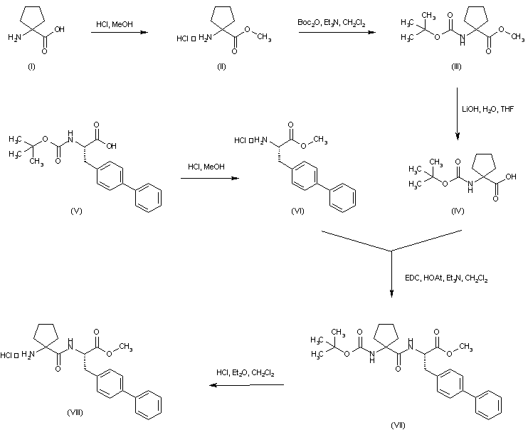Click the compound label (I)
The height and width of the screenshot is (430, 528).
31,66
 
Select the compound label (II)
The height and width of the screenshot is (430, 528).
221,66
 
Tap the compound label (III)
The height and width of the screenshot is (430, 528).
456,66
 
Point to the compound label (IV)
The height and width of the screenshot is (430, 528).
458,211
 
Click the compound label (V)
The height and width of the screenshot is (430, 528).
76,211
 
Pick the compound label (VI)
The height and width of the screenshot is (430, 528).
297,211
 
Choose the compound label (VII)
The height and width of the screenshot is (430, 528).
398,425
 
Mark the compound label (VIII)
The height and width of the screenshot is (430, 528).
75,412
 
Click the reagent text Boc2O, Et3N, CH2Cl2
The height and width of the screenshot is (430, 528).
332,23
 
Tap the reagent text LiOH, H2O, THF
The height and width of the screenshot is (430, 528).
488,109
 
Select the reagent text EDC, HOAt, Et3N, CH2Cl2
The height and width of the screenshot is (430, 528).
446,278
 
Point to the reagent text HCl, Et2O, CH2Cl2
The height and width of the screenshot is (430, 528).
245,373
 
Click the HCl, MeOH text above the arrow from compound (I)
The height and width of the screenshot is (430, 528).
115,24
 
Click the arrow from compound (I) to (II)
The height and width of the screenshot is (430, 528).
120,32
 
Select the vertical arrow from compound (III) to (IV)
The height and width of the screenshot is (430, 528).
458,114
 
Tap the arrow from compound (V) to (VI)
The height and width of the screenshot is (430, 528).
210,178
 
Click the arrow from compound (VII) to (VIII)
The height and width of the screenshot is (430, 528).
246,385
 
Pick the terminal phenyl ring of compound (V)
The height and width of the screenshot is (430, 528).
149,198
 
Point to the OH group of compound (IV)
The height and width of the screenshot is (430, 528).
510,177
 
